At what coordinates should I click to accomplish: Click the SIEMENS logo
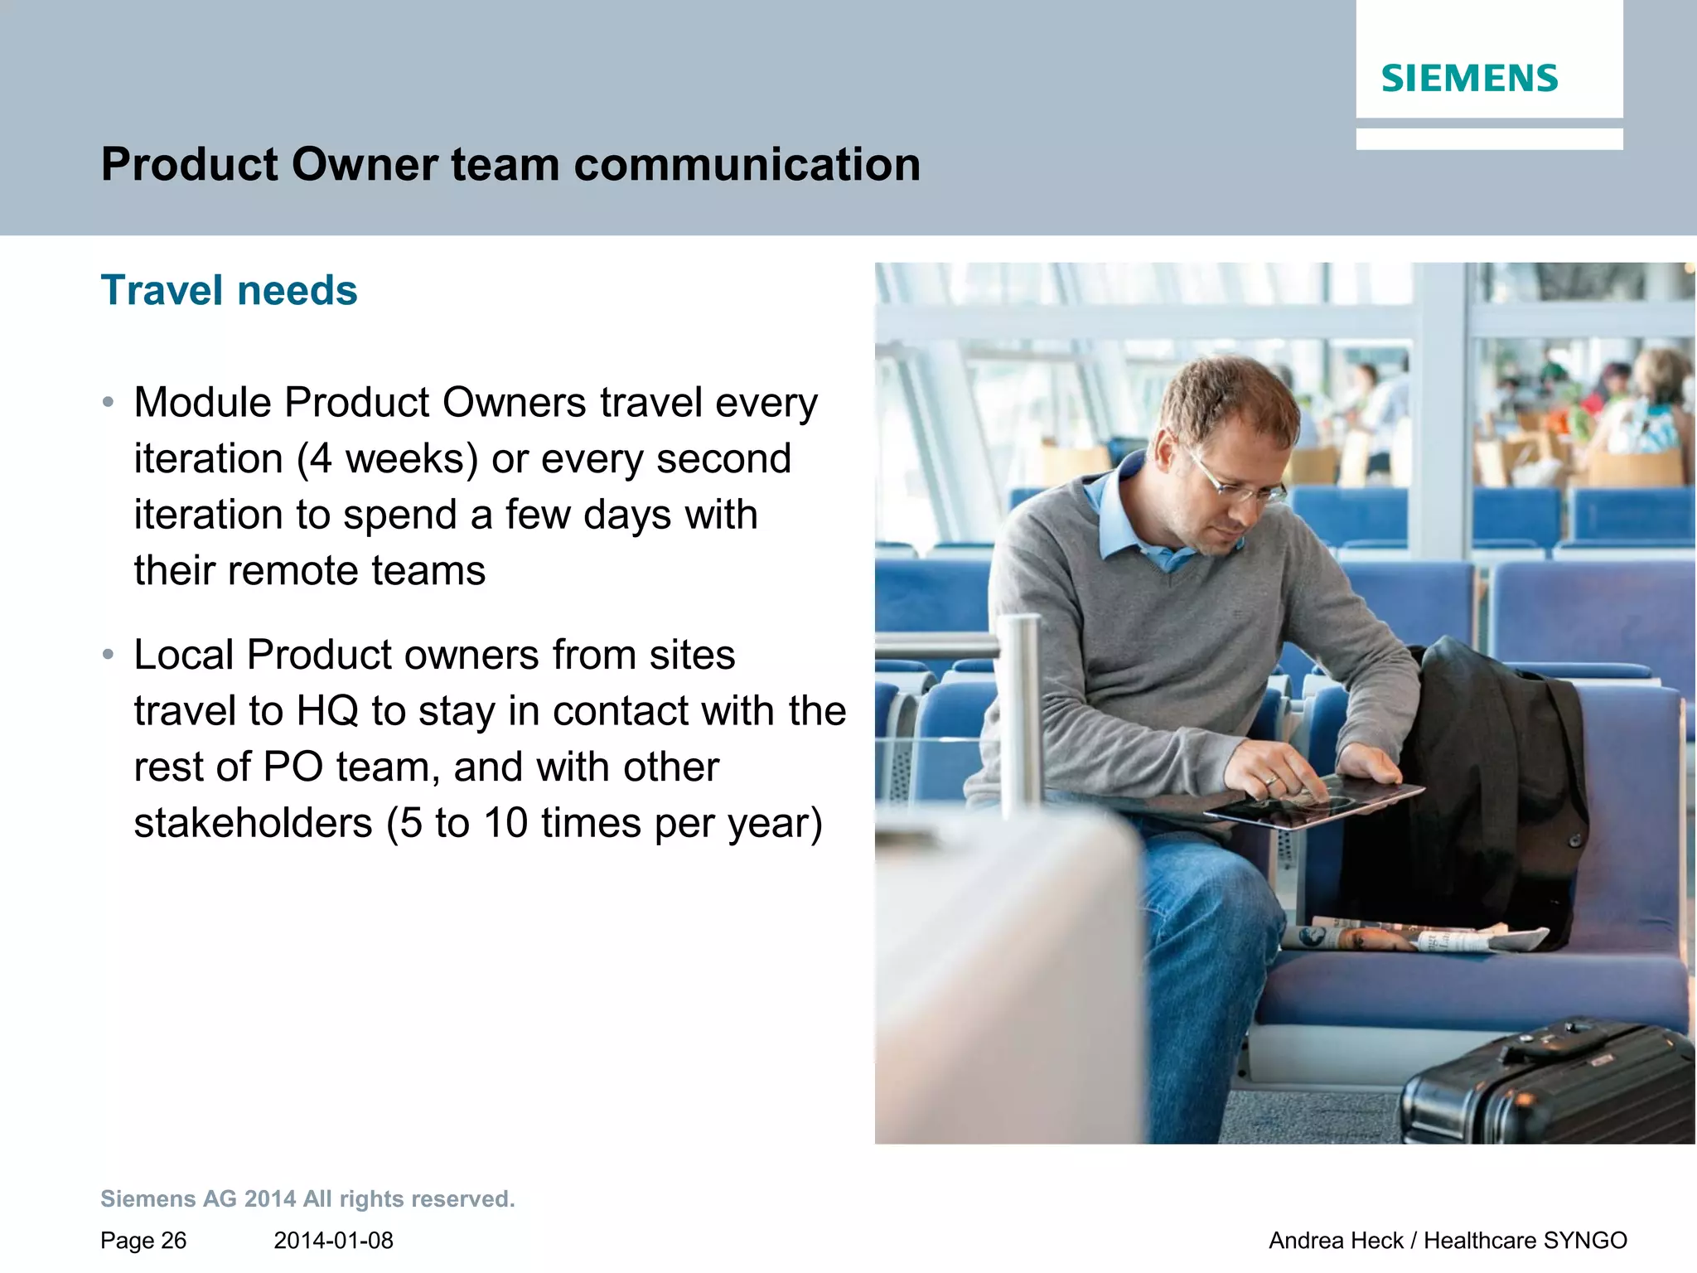pyautogui.click(x=1469, y=79)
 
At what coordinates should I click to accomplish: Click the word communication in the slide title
pyautogui.click(x=747, y=164)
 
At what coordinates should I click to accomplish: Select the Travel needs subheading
pyautogui.click(x=229, y=291)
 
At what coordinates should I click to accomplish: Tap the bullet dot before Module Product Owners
pyautogui.click(x=108, y=403)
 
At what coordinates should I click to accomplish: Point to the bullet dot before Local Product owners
pyautogui.click(x=108, y=655)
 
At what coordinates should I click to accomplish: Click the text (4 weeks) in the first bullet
pyautogui.click(x=387, y=459)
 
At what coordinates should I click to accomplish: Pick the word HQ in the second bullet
pyautogui.click(x=327, y=711)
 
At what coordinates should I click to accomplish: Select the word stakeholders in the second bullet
pyautogui.click(x=253, y=823)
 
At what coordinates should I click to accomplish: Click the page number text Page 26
pyautogui.click(x=143, y=1241)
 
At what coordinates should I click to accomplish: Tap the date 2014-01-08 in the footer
pyautogui.click(x=333, y=1241)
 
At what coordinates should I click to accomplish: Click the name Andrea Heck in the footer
pyautogui.click(x=1336, y=1241)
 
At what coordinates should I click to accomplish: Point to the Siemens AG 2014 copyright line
pyautogui.click(x=307, y=1199)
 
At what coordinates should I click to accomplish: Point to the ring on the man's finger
pyautogui.click(x=1270, y=779)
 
